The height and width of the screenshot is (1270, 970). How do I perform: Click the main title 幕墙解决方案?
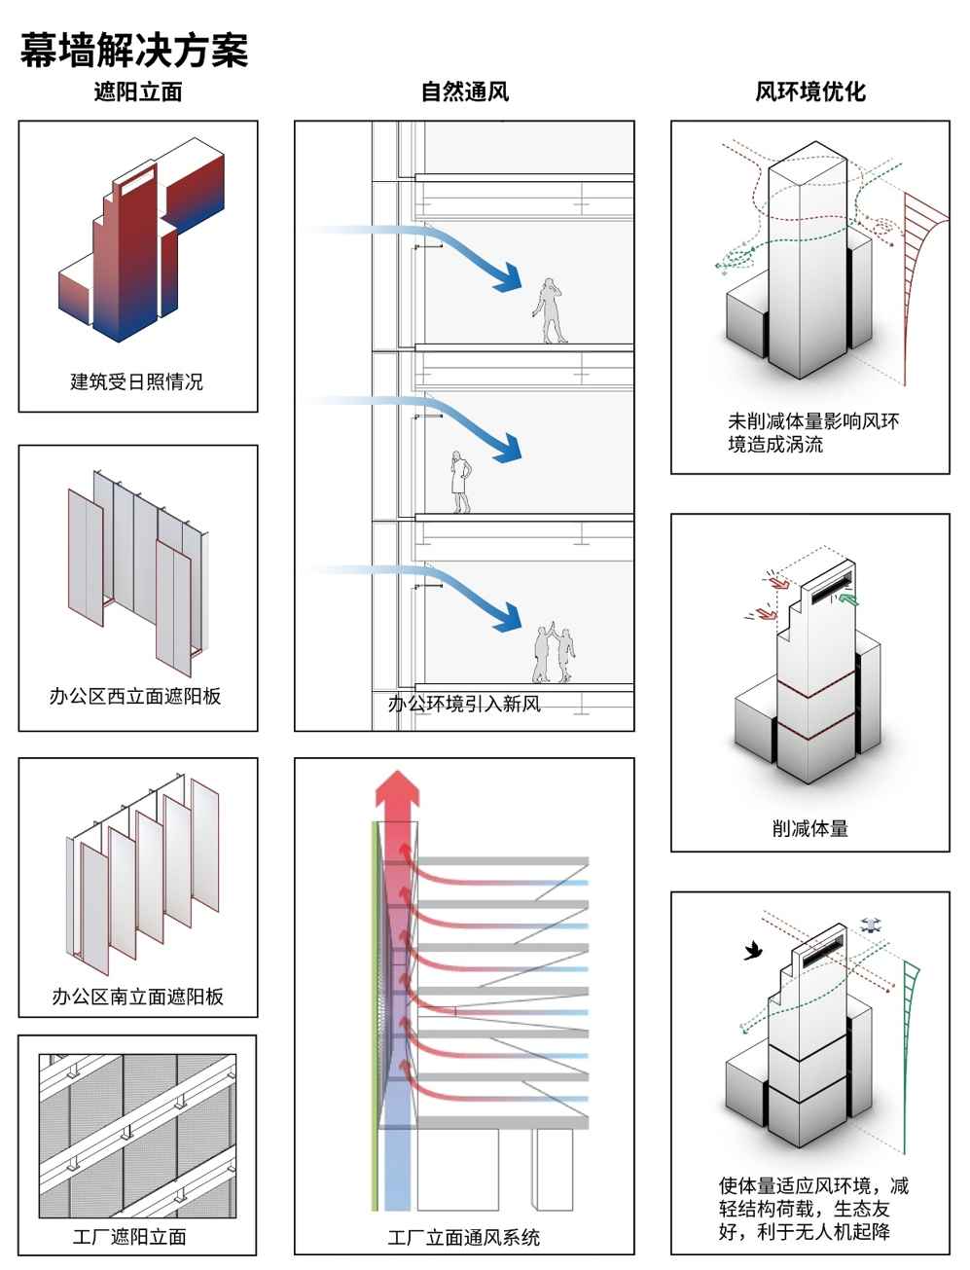click(134, 51)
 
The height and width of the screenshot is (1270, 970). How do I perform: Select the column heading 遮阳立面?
click(137, 92)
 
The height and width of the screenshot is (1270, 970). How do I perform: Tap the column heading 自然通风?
click(464, 92)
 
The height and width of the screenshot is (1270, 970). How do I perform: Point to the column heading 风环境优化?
click(809, 92)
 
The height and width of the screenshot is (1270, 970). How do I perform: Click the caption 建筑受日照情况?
click(136, 381)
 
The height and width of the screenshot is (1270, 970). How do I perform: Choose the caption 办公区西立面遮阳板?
click(135, 696)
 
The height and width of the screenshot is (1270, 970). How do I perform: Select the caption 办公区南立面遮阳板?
click(137, 997)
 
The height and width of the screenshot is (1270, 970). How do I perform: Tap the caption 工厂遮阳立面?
click(129, 1237)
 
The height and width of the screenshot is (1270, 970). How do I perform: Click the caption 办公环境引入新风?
click(464, 704)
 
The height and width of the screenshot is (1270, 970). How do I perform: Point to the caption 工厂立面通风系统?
click(463, 1238)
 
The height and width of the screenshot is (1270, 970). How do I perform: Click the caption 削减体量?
click(809, 828)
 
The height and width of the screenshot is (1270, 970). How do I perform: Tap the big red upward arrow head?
click(397, 786)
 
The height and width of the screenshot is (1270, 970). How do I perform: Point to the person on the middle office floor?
click(460, 482)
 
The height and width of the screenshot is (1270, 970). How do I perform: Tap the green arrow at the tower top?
click(848, 599)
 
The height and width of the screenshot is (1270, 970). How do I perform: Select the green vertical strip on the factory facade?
click(375, 1012)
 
